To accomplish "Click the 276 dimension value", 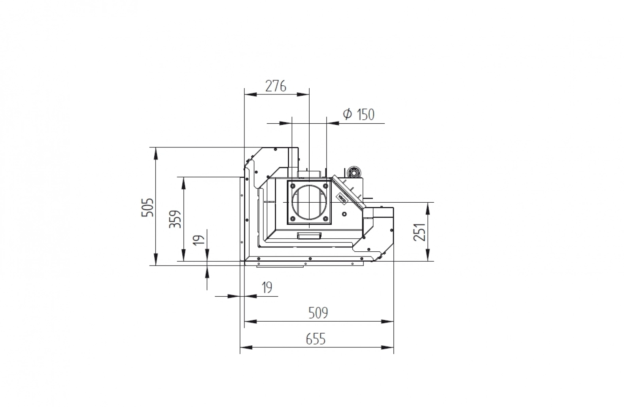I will click(x=276, y=86).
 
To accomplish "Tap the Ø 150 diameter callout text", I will click(x=359, y=115).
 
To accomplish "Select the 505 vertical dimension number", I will click(x=147, y=207).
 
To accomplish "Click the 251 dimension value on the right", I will click(x=419, y=232).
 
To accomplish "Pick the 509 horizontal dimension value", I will click(x=318, y=313).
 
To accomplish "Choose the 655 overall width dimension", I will click(x=316, y=339).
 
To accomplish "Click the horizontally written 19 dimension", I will click(x=267, y=287).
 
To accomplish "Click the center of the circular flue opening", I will click(x=309, y=202).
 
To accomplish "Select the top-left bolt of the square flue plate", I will click(x=293, y=186).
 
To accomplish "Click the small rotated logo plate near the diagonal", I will click(x=341, y=198).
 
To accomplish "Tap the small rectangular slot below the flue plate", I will click(x=309, y=236).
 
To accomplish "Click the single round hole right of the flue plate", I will click(x=345, y=214).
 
